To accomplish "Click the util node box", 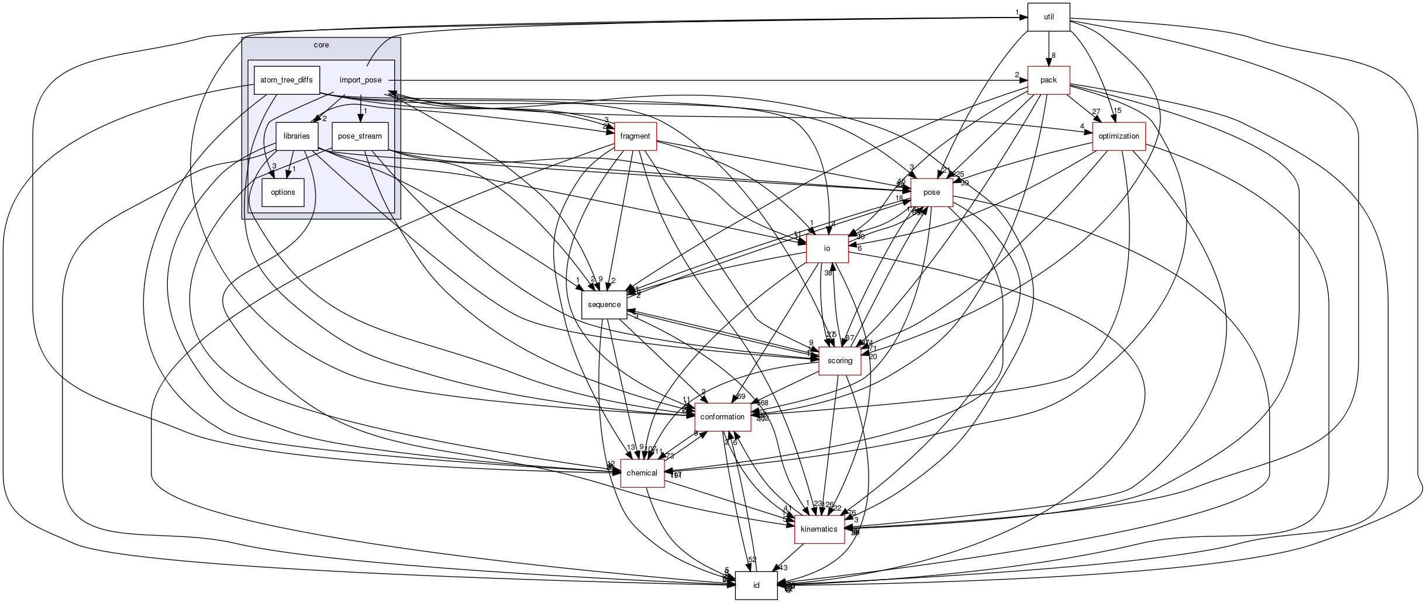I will click(x=1048, y=17).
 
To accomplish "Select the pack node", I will click(x=1048, y=80).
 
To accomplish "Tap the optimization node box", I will click(x=1118, y=136).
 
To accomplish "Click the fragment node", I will click(x=635, y=136).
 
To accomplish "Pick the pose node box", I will click(x=931, y=192).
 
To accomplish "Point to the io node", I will click(x=826, y=249).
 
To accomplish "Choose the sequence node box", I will click(x=604, y=305).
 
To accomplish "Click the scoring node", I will click(x=839, y=361).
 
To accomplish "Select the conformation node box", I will click(x=722, y=417).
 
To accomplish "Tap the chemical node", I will click(x=642, y=473).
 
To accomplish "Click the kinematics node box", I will click(x=819, y=529).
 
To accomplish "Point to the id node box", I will click(x=756, y=585).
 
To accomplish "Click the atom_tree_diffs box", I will click(x=287, y=80).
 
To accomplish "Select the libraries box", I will click(x=297, y=136).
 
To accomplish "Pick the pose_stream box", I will click(x=360, y=136).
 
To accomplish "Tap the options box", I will click(x=283, y=192).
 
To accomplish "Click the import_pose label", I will click(x=360, y=80).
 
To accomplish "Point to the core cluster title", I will click(x=321, y=45).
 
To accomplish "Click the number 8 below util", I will click(x=1053, y=56).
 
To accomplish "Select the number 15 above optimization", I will click(x=1117, y=111).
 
